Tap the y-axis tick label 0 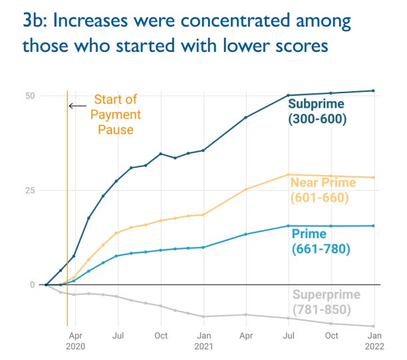[x=31, y=285]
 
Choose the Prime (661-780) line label [x=321, y=241]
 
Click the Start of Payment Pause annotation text [x=116, y=114]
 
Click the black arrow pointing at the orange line [x=77, y=105]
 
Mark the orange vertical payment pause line [x=67, y=200]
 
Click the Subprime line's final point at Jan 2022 [x=373, y=90]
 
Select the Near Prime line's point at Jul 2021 [x=288, y=174]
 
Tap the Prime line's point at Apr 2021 [x=245, y=234]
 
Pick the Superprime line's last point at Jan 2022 [x=373, y=326]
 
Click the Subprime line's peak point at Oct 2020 [x=160, y=154]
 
